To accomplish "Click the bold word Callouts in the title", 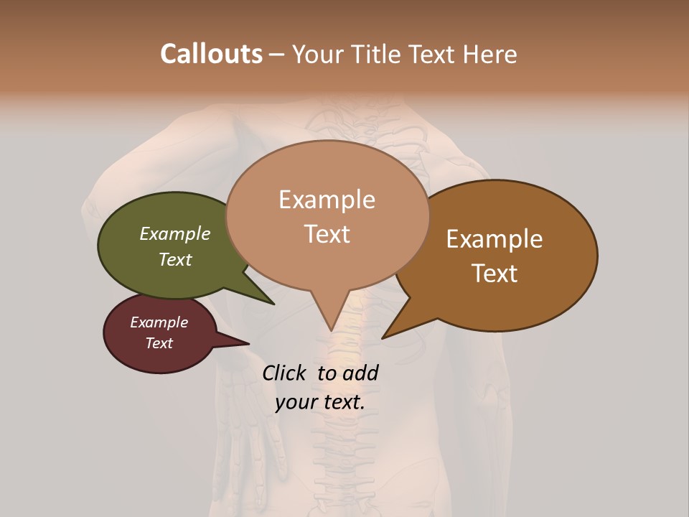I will [x=211, y=55].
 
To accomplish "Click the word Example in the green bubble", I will [x=175, y=233].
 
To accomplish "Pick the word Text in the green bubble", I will [x=175, y=259].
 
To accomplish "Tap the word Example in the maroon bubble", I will [x=159, y=322].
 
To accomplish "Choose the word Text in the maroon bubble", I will [x=159, y=343].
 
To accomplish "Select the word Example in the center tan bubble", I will [x=327, y=200].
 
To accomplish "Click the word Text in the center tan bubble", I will [x=327, y=234].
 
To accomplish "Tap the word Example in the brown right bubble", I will [x=495, y=239].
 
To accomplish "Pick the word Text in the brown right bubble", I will [x=495, y=273].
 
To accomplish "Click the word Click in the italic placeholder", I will [x=285, y=373].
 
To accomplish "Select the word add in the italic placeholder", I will [x=360, y=373].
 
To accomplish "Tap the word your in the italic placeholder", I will [x=295, y=402].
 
